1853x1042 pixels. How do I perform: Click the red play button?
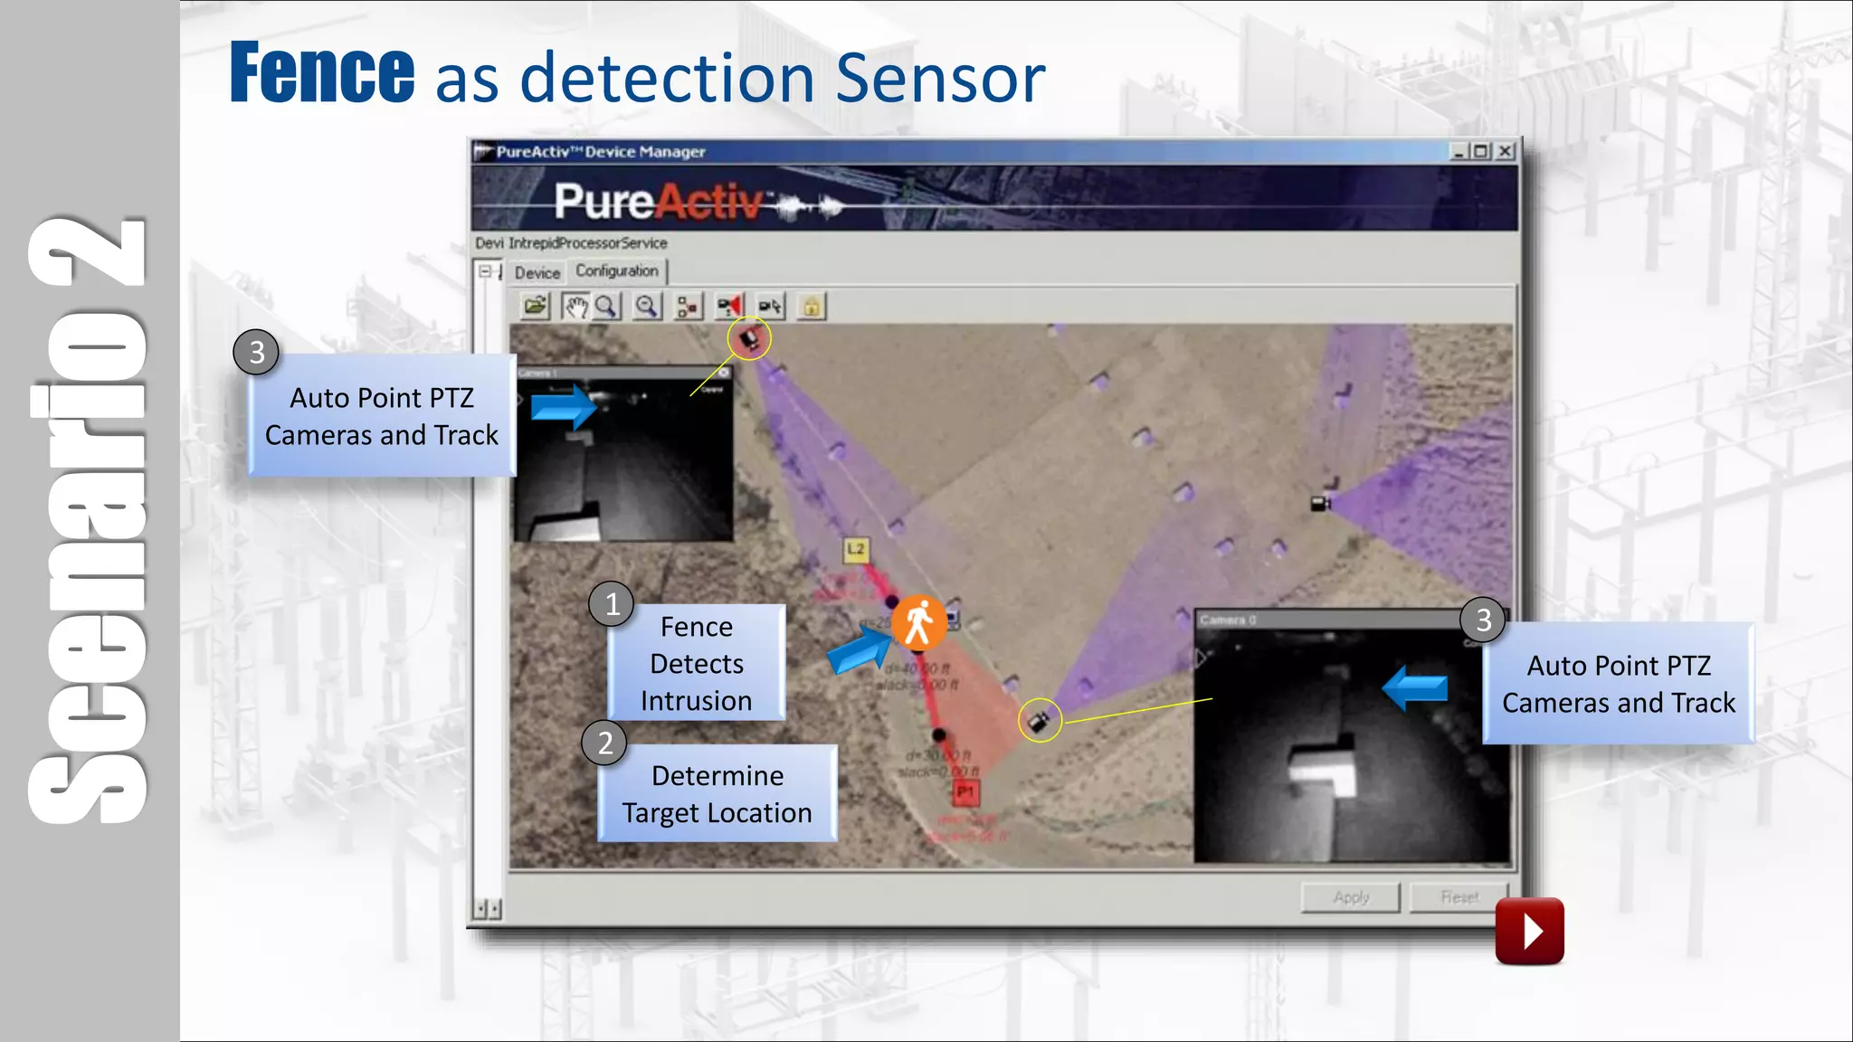(x=1529, y=931)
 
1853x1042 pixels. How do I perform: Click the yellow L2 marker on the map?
(x=856, y=549)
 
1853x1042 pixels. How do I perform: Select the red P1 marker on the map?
(x=965, y=793)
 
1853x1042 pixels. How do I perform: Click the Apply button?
(x=1350, y=897)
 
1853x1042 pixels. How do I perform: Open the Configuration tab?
(x=617, y=271)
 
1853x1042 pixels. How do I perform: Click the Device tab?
(x=537, y=272)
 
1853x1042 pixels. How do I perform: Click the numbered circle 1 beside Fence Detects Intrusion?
(x=612, y=604)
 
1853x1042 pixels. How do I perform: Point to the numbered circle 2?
(x=604, y=744)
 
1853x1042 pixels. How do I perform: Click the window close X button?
(x=1505, y=152)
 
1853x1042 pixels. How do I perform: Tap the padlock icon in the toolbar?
(x=812, y=308)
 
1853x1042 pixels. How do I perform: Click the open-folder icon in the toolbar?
(x=535, y=308)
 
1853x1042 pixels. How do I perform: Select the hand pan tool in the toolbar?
(x=575, y=308)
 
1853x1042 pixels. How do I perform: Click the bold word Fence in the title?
(x=322, y=74)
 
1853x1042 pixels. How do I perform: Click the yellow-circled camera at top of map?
(x=749, y=339)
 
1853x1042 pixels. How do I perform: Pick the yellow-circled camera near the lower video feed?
(x=1040, y=721)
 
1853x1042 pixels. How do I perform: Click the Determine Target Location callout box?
(x=717, y=794)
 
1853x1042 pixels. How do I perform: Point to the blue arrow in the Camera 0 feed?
(x=1416, y=688)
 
